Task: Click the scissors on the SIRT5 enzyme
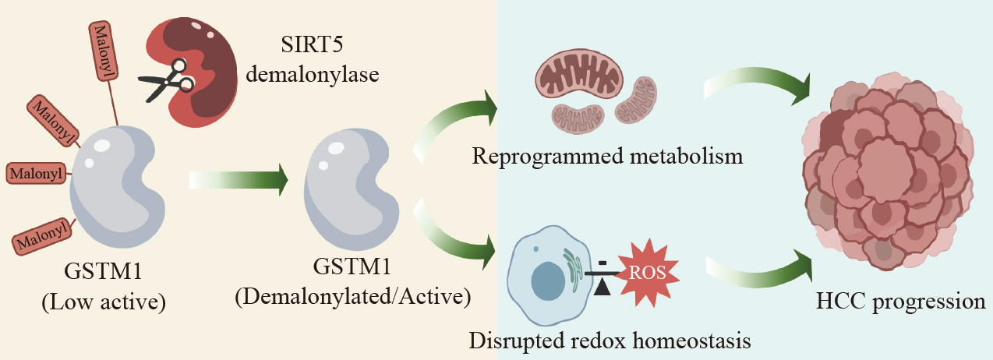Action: pyautogui.click(x=168, y=81)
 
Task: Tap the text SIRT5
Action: pyautogui.click(x=312, y=44)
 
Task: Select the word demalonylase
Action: pyautogui.click(x=312, y=74)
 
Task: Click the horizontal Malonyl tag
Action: pyautogui.click(x=37, y=173)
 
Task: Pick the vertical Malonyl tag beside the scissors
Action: pyautogui.click(x=104, y=51)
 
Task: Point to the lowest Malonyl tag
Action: pyautogui.click(x=43, y=236)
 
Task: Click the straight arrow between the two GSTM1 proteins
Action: pyautogui.click(x=239, y=179)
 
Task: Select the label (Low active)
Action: pyautogui.click(x=104, y=302)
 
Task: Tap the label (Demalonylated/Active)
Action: pyautogui.click(x=353, y=297)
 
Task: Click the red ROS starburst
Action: pyautogui.click(x=648, y=273)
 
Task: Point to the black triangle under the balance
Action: pyautogui.click(x=602, y=288)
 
